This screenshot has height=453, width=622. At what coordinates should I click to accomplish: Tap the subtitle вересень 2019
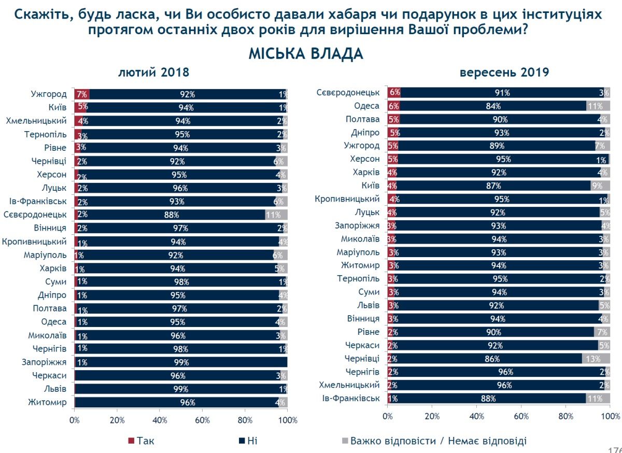coord(504,73)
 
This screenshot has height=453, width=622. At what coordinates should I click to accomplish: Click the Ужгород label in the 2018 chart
coord(49,94)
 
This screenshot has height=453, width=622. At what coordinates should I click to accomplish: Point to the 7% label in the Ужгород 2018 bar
coord(81,94)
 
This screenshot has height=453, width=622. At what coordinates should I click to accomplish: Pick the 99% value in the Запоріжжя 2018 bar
coord(181,362)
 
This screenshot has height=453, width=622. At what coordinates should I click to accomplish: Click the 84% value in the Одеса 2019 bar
coord(493,106)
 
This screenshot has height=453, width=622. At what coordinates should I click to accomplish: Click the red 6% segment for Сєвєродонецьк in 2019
coord(393,93)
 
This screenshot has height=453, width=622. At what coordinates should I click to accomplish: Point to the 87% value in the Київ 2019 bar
coord(493,186)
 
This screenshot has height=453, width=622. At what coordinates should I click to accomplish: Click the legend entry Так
coord(141,441)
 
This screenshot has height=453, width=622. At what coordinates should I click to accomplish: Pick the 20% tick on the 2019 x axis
coord(432,416)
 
